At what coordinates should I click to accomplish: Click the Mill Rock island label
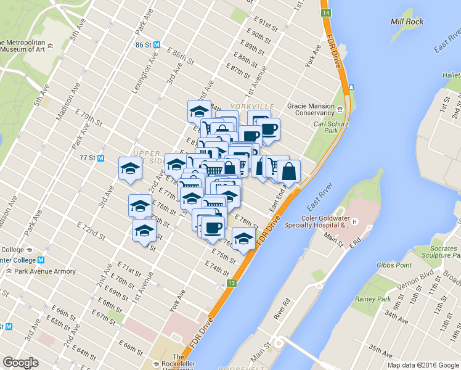pyautogui.click(x=407, y=22)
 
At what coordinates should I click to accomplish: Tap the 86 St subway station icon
pyautogui.click(x=157, y=45)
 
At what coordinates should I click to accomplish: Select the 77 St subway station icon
pyautogui.click(x=102, y=157)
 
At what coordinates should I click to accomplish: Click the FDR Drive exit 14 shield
pyautogui.click(x=325, y=13)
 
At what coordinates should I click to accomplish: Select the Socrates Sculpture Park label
pyautogui.click(x=435, y=252)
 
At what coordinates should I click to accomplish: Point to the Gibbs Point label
pyautogui.click(x=394, y=265)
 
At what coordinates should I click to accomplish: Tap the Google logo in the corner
pyautogui.click(x=21, y=363)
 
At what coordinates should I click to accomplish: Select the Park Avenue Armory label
pyautogui.click(x=45, y=271)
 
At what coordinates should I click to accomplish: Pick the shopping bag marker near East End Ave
pyautogui.click(x=288, y=171)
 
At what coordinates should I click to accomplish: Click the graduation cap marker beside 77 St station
pyautogui.click(x=130, y=167)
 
